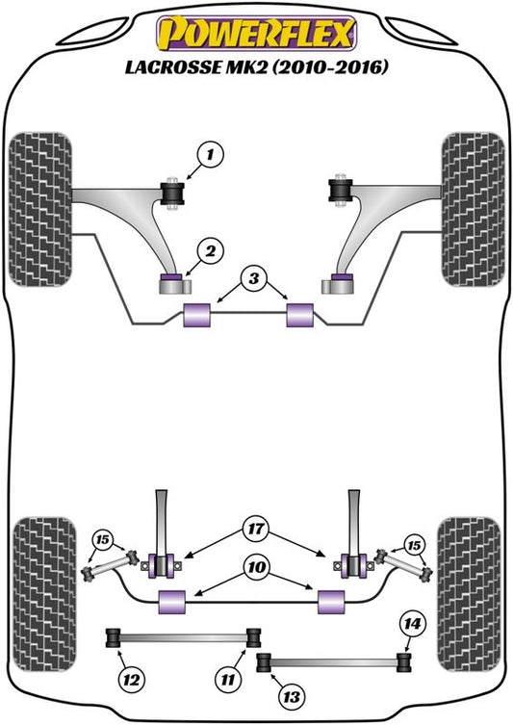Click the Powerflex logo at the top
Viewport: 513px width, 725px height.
click(x=256, y=34)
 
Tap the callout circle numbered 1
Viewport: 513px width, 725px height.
click(x=210, y=154)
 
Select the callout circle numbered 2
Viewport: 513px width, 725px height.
click(x=210, y=251)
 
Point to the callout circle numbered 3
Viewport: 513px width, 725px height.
click(x=254, y=278)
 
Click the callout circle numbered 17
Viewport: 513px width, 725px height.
click(x=256, y=528)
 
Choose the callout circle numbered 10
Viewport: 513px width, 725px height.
click(x=257, y=566)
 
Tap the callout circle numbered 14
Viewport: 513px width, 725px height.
click(x=412, y=624)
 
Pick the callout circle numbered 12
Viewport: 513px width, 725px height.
click(x=132, y=680)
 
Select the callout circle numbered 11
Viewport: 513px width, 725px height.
click(x=228, y=680)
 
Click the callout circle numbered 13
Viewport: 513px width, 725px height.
click(x=292, y=696)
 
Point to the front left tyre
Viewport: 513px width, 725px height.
click(x=40, y=209)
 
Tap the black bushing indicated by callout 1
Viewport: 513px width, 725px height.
click(x=172, y=194)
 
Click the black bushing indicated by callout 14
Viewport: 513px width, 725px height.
click(x=404, y=661)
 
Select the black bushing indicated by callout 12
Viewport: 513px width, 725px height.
click(x=114, y=637)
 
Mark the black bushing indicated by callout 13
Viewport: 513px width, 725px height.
click(x=264, y=661)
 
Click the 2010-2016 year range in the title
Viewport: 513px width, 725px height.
click(x=330, y=67)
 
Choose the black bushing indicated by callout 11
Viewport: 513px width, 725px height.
click(x=253, y=637)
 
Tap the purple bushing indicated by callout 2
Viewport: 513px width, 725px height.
click(x=171, y=277)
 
